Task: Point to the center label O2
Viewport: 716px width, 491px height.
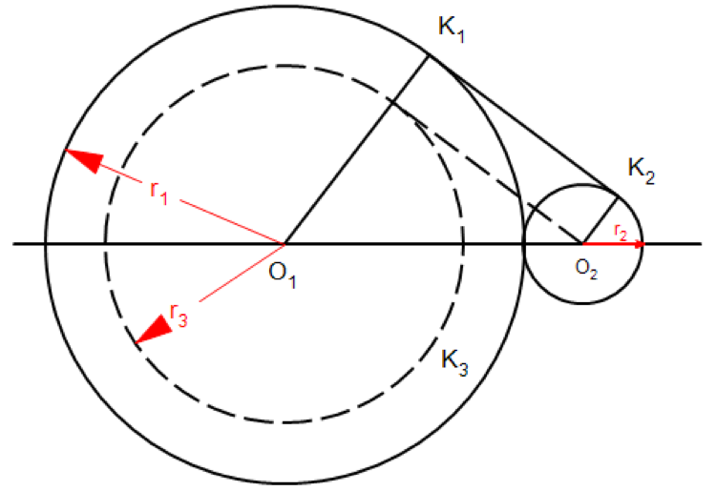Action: (x=586, y=269)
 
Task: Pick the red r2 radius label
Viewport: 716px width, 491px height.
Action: (x=621, y=233)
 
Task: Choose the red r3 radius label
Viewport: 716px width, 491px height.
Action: (x=178, y=312)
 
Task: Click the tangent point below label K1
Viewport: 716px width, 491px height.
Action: (x=427, y=55)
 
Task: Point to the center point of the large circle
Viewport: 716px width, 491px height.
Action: (x=284, y=244)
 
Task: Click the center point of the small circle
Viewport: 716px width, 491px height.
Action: (x=583, y=244)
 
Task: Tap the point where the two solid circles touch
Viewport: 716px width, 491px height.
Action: (x=524, y=244)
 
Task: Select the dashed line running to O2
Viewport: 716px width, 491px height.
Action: (x=487, y=171)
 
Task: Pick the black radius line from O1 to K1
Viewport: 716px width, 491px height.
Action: (x=355, y=150)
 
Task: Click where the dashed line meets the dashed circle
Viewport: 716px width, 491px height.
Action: (x=392, y=101)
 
